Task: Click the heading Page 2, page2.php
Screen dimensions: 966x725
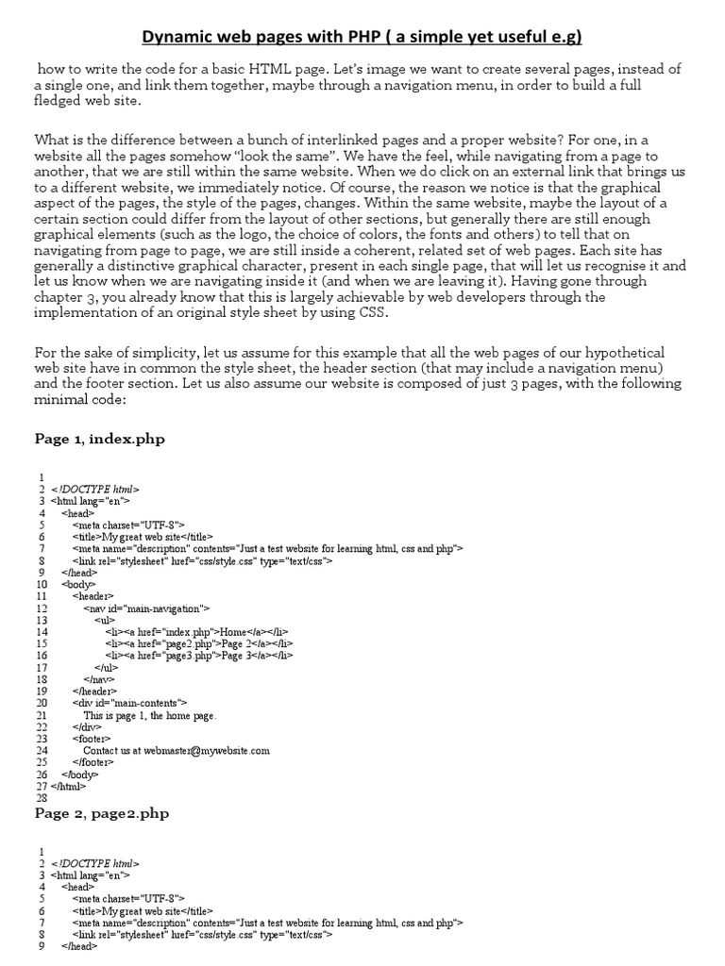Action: [x=102, y=812]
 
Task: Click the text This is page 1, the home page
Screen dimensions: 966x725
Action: [x=150, y=715]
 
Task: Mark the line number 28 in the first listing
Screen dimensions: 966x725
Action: [x=41, y=797]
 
